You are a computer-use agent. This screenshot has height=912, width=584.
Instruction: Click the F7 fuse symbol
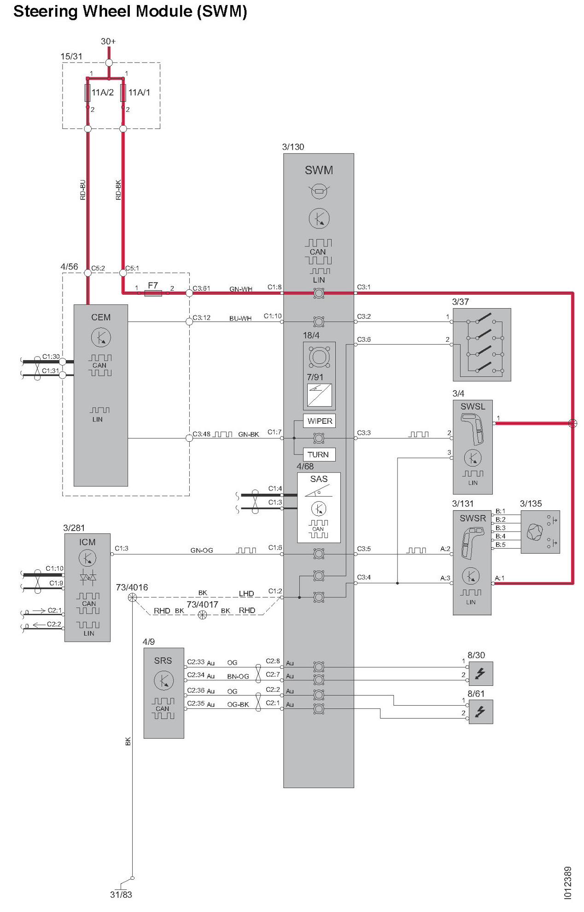coord(153,293)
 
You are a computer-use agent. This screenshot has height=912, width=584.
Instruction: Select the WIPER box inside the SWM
coord(320,421)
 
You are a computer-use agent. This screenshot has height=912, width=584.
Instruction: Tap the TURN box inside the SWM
coord(318,455)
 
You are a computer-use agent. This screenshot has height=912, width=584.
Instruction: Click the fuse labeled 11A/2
coord(88,93)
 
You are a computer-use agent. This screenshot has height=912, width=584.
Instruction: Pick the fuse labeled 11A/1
coord(123,93)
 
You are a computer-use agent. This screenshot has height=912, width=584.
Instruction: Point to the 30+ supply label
coord(108,41)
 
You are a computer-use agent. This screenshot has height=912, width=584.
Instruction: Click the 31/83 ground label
coord(121,894)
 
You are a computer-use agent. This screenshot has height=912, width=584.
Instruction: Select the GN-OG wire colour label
coord(202,550)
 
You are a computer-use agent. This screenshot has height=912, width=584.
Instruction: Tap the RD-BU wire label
coord(83,190)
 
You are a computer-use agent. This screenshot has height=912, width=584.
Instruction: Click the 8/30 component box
coord(480,673)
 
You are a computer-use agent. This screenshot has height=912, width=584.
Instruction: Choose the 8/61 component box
coord(480,712)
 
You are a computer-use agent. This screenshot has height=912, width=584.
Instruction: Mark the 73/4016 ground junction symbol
coord(132,598)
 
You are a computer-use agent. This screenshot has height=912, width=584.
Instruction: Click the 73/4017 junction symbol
coord(202,615)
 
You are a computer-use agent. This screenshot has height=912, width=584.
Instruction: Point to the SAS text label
coord(319,479)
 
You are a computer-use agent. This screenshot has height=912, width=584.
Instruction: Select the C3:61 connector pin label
coord(201,288)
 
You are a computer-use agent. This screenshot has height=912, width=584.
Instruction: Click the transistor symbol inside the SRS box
coord(164,681)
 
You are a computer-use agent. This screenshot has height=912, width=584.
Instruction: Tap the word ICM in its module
coord(88,542)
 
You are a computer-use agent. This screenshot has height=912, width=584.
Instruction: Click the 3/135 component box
coord(540,532)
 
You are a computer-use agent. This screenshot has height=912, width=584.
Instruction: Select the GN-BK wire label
coord(249,434)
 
